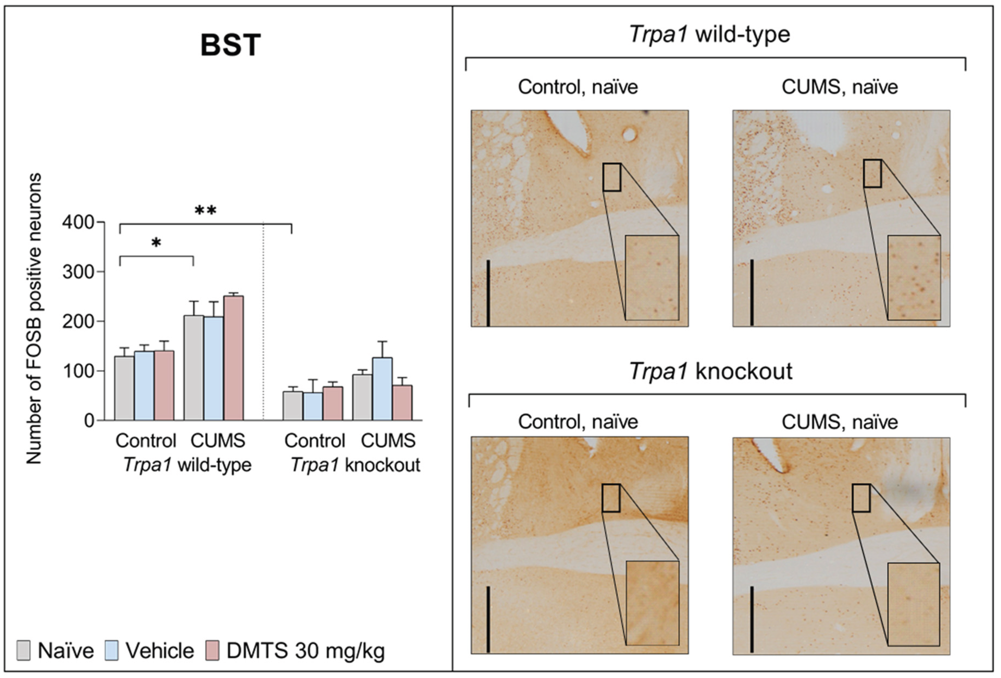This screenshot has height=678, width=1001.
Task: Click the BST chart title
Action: click(231, 45)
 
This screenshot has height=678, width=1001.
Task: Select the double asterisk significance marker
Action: click(206, 211)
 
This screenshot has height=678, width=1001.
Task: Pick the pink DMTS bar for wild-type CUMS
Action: click(234, 358)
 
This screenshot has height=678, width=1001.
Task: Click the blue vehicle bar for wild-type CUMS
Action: click(214, 368)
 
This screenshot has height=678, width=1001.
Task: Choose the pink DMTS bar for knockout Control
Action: click(333, 403)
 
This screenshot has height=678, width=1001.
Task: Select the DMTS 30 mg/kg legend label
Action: click(305, 651)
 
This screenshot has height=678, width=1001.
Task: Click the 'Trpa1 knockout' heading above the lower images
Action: click(711, 371)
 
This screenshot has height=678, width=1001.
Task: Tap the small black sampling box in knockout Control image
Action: click(611, 498)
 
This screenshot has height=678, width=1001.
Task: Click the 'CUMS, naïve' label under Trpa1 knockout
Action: click(840, 422)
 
